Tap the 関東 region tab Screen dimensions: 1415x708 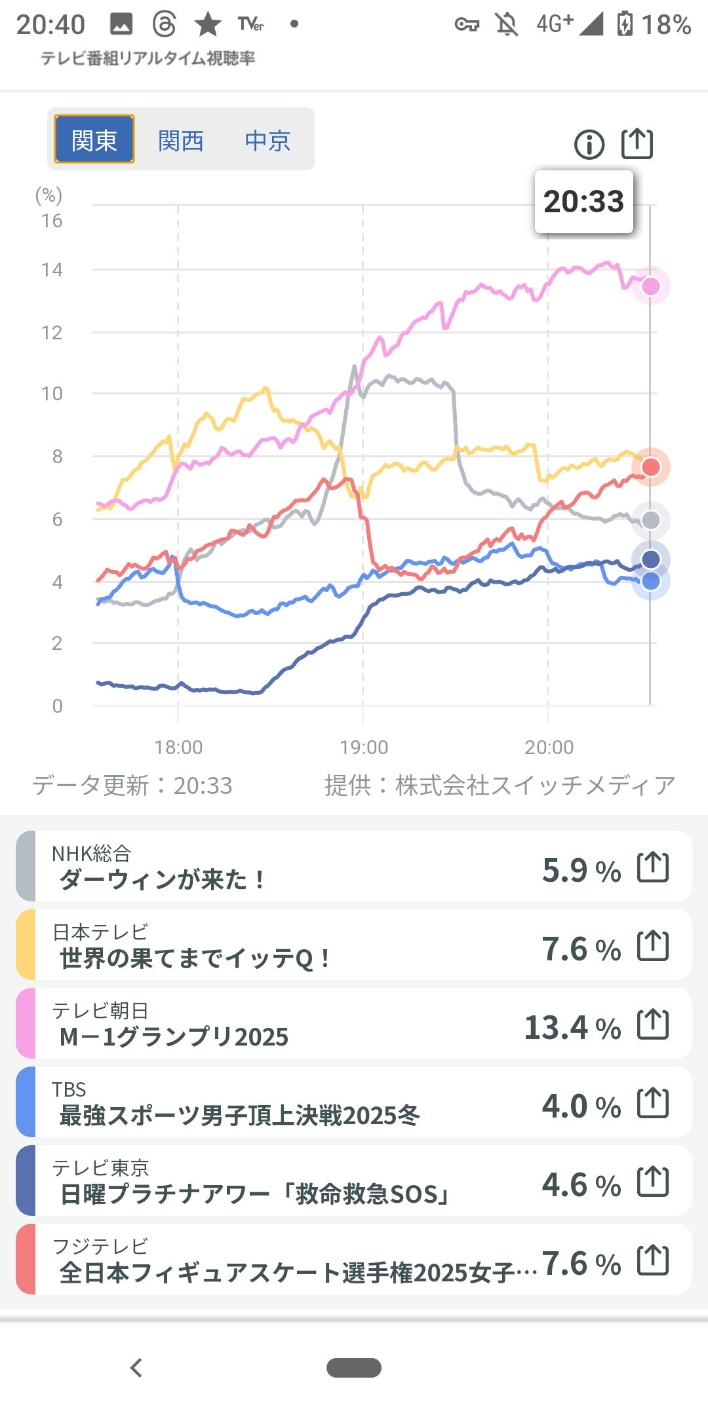coord(94,140)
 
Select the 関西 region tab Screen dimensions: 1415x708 coord(181,140)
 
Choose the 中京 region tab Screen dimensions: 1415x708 coord(267,140)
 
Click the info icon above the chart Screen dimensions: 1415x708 coord(589,144)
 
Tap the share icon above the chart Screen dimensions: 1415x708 coord(637,143)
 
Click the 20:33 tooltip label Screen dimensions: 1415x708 coord(583,202)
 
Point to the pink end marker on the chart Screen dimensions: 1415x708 coord(650,286)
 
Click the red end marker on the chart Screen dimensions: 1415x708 coord(650,467)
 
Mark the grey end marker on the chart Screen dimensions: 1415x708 coord(650,520)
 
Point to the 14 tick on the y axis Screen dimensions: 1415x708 coord(52,270)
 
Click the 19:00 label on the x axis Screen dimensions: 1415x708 coord(364,747)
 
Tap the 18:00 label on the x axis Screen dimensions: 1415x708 coord(178,747)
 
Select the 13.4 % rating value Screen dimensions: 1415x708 coord(572,1027)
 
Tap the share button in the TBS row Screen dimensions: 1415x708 coord(653,1103)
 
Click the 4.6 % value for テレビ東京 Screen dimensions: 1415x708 coord(581,1184)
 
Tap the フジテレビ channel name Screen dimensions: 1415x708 coord(100,1245)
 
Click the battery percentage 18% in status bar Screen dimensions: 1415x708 coord(666,25)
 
